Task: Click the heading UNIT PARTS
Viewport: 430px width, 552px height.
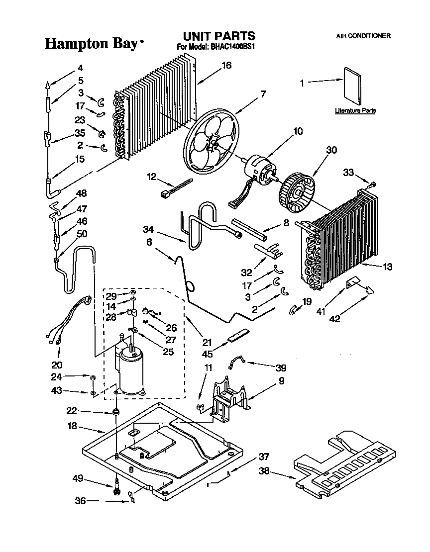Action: [x=219, y=36]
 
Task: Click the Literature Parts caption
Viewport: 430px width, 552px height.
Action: [x=355, y=110]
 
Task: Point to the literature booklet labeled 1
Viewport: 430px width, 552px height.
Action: [x=352, y=87]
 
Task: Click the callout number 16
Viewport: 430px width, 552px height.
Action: [x=226, y=65]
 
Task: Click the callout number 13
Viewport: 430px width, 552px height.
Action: [x=388, y=267]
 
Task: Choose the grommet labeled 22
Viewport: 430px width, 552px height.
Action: [x=116, y=412]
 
